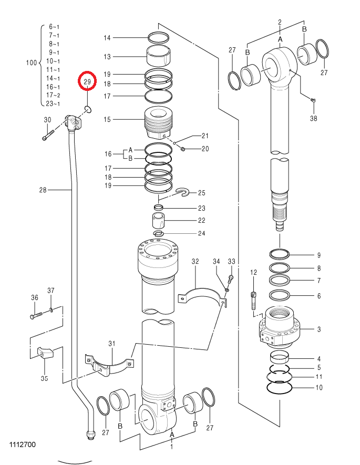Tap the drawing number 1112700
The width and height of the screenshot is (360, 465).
[23, 444]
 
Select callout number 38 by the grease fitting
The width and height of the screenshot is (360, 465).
[313, 118]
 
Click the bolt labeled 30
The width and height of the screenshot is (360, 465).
[47, 135]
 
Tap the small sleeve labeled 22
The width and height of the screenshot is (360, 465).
[158, 220]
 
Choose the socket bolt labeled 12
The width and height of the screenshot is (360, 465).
[253, 301]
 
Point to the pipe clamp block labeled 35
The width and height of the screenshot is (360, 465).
[45, 353]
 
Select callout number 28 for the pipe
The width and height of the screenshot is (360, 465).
[43, 190]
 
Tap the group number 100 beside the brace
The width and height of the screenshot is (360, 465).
[32, 63]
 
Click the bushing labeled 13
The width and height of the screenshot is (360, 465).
[159, 56]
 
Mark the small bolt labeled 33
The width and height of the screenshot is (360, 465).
[231, 278]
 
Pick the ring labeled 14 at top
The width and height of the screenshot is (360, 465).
[158, 37]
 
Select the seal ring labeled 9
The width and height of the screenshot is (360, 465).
[280, 254]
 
